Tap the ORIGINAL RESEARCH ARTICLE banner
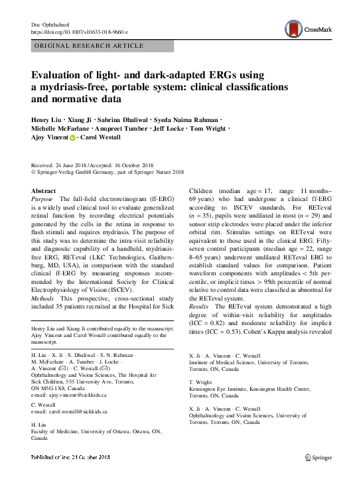88,46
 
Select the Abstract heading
44,190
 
